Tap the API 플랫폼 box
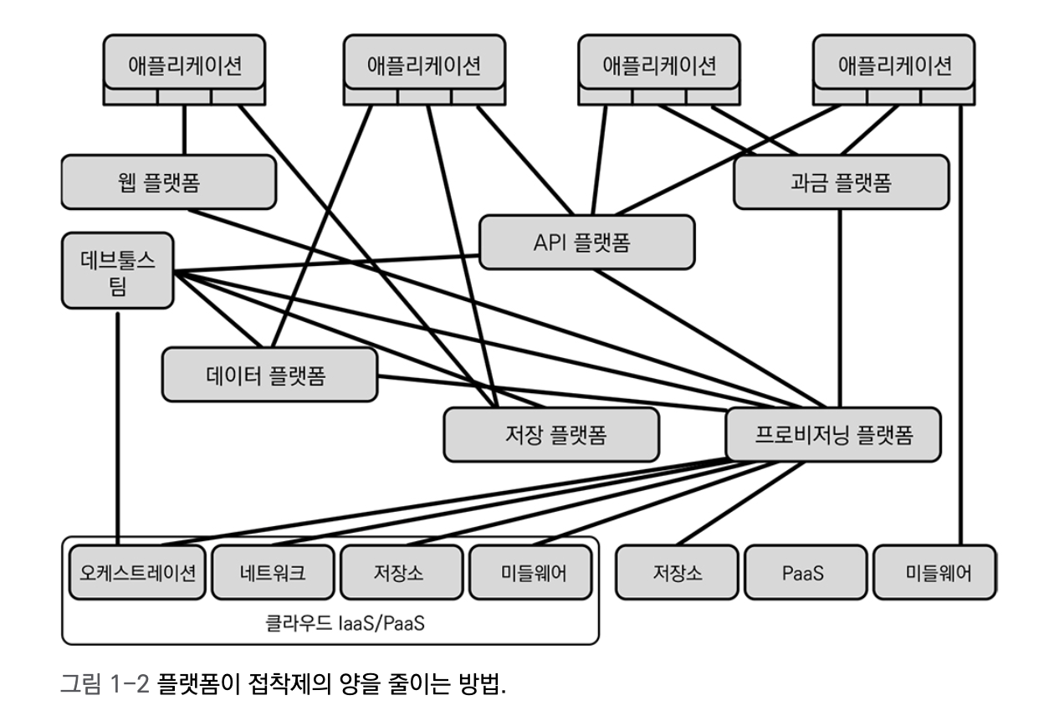tap(587, 242)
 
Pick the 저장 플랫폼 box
tap(550, 435)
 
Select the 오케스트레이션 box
tap(137, 573)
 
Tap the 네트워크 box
tap(272, 573)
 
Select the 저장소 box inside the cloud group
tap(401, 573)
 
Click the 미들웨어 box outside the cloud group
tap(934, 575)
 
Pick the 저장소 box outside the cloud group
tap(677, 575)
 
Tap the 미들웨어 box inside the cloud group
tap(529, 573)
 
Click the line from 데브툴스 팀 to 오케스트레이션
tap(119, 427)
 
